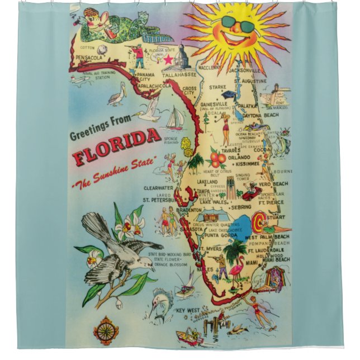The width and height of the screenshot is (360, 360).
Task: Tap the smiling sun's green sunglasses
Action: pyautogui.click(x=236, y=24)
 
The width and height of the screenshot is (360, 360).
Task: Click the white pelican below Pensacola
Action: pyautogui.click(x=116, y=97)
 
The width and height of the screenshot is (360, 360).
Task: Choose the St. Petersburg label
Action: pyautogui.click(x=160, y=199)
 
